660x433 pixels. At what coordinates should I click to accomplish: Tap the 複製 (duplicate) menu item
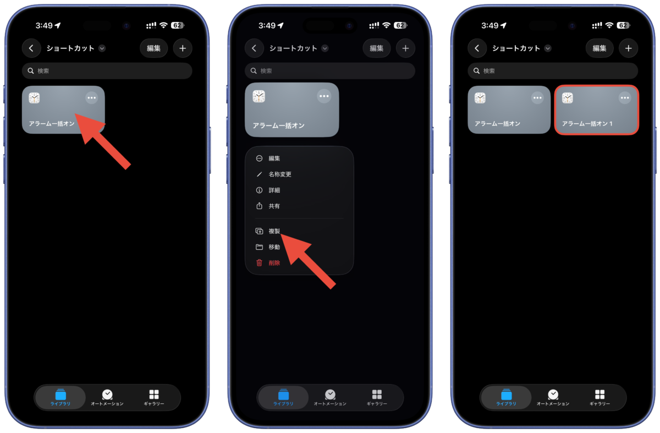click(x=274, y=231)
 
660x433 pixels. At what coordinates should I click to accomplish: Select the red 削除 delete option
click(x=274, y=263)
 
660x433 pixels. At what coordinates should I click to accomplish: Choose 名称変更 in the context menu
click(x=279, y=174)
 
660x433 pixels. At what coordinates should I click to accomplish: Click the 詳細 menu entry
click(x=274, y=190)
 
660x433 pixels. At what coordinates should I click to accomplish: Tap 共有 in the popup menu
click(x=274, y=206)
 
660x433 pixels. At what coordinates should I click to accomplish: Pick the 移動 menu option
click(x=274, y=247)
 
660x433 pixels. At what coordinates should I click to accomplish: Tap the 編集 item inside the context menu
click(x=274, y=158)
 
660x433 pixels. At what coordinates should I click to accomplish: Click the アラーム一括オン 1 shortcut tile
click(x=597, y=110)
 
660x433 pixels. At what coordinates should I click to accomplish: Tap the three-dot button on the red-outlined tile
click(x=625, y=98)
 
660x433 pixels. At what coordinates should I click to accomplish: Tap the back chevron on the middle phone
click(x=254, y=48)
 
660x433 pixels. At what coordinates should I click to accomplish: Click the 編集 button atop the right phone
click(x=599, y=48)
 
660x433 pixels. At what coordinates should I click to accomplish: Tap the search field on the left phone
click(x=107, y=71)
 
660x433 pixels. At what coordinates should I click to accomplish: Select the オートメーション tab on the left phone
click(x=107, y=397)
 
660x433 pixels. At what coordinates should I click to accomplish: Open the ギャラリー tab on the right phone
click(x=599, y=397)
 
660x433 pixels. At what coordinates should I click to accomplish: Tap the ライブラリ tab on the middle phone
click(x=283, y=397)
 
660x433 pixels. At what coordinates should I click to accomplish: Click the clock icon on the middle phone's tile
click(x=258, y=96)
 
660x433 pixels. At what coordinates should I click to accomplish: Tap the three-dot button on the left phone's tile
click(x=92, y=98)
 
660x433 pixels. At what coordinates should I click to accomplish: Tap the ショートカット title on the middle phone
click(x=293, y=48)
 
